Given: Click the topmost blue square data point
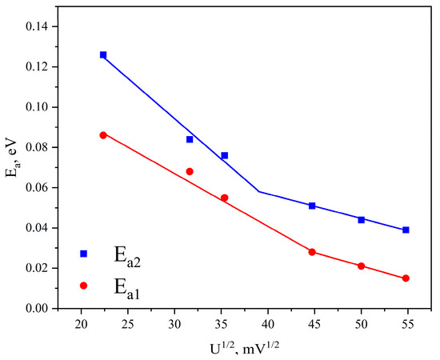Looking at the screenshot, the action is (x=103, y=54).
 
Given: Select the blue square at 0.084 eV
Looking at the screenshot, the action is (x=190, y=139).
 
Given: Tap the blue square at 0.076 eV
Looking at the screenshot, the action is (x=225, y=155).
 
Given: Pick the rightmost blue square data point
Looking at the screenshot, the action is (x=406, y=230).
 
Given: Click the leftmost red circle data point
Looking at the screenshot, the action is (x=103, y=135).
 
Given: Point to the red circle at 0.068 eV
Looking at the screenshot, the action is (x=190, y=171).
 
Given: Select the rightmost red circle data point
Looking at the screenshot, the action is (x=406, y=278).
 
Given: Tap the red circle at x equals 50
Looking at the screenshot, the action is (x=361, y=266).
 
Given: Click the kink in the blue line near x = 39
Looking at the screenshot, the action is (x=258, y=192).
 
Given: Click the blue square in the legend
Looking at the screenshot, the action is (x=84, y=254).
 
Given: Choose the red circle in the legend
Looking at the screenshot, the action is (x=84, y=286).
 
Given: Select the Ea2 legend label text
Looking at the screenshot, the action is (x=127, y=255).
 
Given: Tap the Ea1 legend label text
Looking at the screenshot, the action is (x=127, y=287).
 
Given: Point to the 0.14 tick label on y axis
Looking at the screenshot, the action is (x=38, y=26).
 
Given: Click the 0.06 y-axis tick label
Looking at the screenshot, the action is (x=38, y=188).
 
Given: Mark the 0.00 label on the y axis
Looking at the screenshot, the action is (x=38, y=308).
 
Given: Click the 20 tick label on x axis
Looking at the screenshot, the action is (x=81, y=324).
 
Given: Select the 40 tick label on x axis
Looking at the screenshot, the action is (x=268, y=324).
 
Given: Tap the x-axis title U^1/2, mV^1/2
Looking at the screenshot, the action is (x=245, y=348).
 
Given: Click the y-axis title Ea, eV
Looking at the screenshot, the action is (x=12, y=158).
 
